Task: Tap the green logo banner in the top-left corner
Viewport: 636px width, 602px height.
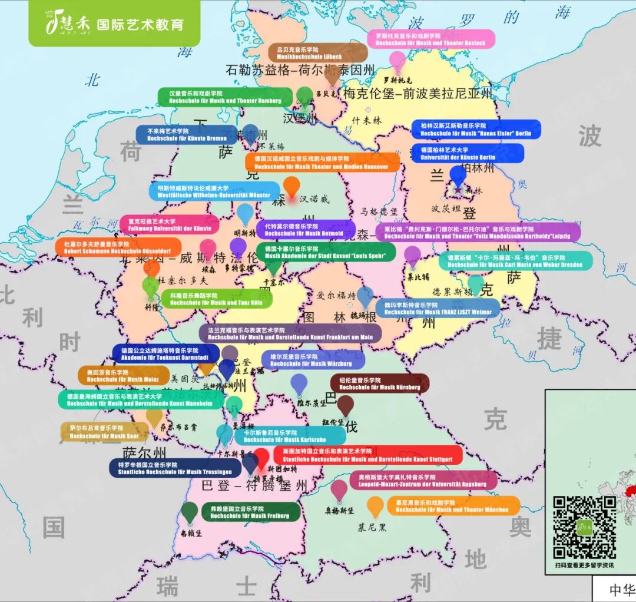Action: pos(114,24)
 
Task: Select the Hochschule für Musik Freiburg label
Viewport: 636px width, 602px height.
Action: pos(250,512)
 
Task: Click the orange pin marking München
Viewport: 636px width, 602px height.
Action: pos(375,505)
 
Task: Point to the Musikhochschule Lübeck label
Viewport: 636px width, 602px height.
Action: pos(317,52)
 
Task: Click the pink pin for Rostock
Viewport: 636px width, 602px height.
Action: pos(397,60)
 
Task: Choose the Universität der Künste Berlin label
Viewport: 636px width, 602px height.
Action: pos(467,154)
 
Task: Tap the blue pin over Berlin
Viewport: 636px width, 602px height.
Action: pos(458,175)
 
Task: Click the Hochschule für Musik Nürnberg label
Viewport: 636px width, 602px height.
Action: pos(379,383)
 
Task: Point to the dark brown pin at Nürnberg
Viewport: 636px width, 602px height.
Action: pos(345,405)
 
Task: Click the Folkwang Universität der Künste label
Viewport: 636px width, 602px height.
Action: pos(169,224)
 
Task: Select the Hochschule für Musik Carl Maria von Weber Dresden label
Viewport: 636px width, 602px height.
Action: pos(515,261)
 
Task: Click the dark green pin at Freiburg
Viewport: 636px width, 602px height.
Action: pos(189,511)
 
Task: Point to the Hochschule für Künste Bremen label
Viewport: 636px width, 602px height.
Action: pos(187,135)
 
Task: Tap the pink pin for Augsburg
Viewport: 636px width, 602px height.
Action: pos(339,489)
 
